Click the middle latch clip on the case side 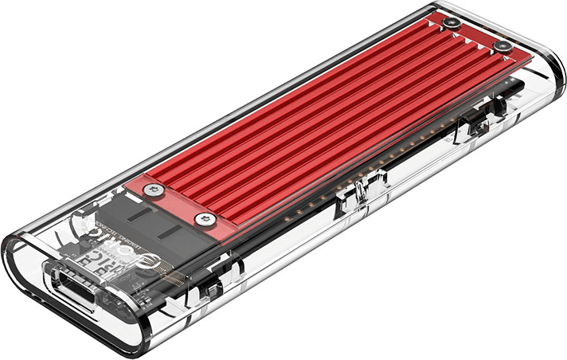pos(354,199)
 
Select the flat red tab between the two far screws pos(478,35)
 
